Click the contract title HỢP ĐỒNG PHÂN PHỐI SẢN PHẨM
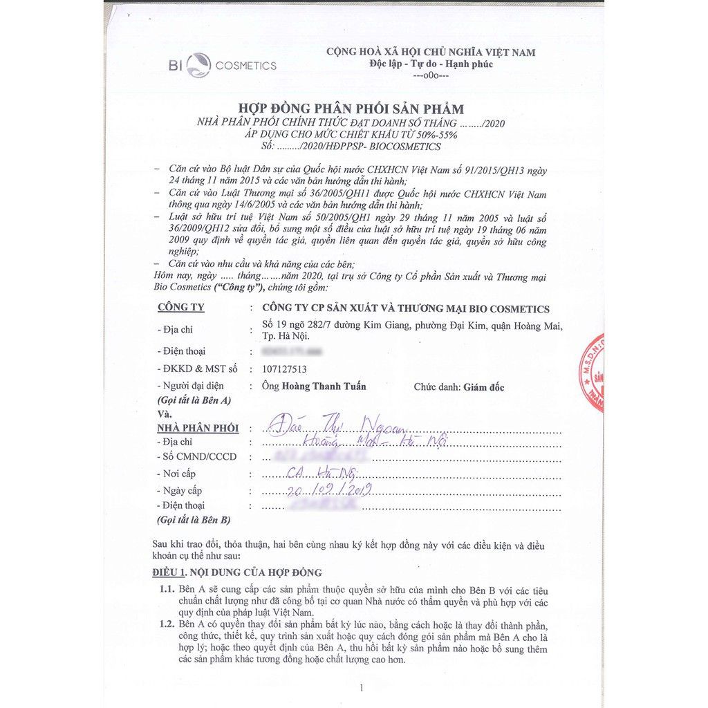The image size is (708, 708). point(351,109)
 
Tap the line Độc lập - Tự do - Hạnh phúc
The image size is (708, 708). point(431,64)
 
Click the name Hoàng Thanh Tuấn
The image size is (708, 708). point(324,386)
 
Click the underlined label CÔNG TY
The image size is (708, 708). point(181,308)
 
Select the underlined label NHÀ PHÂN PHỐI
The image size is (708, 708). point(198,428)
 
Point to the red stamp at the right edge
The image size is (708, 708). point(594,373)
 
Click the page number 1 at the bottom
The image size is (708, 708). point(361,687)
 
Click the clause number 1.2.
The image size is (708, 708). point(166,624)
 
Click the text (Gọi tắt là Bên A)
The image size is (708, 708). point(194,400)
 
